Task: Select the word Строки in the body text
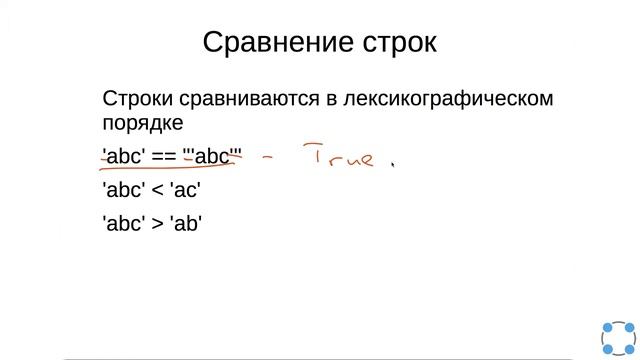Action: click(x=137, y=100)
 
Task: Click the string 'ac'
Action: click(x=195, y=190)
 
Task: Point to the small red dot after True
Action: click(x=392, y=165)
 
